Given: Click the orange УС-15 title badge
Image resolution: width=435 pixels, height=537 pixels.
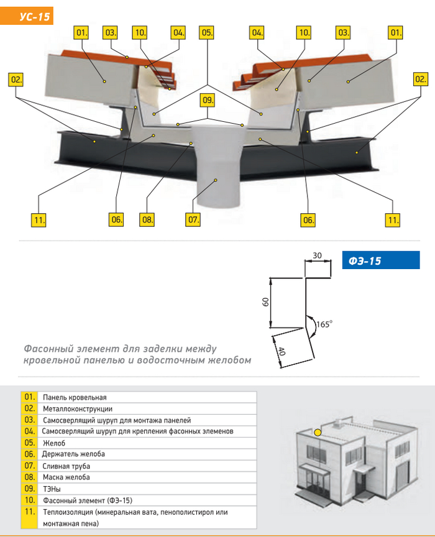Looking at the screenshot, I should tap(27, 16).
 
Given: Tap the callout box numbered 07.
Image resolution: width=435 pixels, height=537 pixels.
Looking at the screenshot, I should tap(194, 219).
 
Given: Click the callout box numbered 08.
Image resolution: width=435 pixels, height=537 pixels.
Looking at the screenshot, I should tap(147, 219).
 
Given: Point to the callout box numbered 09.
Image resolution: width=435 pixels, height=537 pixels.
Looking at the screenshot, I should tap(208, 99).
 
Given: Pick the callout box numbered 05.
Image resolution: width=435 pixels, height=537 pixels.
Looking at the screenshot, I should tap(207, 32).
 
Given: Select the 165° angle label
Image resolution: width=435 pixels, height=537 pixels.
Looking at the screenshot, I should tap(324, 323).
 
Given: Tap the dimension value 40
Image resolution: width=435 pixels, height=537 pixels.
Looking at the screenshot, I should tap(282, 351).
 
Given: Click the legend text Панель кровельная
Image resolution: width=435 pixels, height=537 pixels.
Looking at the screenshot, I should tap(75, 397).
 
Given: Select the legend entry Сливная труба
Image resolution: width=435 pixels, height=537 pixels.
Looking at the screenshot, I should tap(66, 466).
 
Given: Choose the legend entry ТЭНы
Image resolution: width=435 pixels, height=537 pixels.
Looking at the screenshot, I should tap(52, 489).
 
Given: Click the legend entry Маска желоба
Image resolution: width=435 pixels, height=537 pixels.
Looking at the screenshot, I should tap(66, 477).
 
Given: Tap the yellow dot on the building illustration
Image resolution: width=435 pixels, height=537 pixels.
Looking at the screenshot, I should tap(318, 432).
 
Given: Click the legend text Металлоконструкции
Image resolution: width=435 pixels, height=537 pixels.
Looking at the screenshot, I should tap(78, 409).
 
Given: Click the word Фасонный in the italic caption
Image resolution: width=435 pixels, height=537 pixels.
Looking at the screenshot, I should tap(48, 349).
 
